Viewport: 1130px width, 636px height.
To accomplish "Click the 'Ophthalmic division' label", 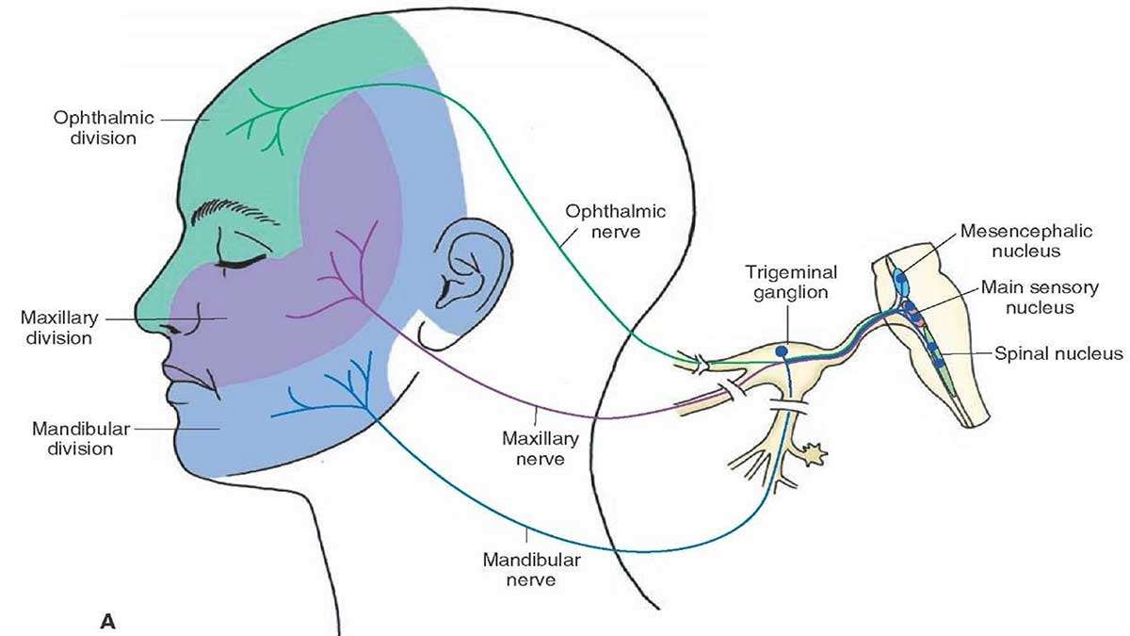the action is tap(104, 128).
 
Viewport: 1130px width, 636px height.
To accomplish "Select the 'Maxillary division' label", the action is tap(59, 328).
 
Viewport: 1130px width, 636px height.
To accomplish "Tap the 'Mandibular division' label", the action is tap(81, 439).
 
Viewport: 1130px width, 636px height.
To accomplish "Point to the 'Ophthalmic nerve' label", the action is tap(616, 221).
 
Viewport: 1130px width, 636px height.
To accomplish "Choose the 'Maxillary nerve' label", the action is tap(540, 448).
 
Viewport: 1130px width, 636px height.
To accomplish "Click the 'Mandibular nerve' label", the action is tap(531, 569).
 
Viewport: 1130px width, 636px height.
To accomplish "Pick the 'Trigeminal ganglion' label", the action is tap(791, 282).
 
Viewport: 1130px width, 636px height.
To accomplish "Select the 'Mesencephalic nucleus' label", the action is tap(1026, 241).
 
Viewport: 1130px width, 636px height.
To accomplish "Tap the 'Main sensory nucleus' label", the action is tap(1040, 298).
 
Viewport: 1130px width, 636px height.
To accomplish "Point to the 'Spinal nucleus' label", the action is tap(1058, 353).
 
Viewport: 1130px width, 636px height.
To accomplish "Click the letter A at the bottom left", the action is tap(108, 621).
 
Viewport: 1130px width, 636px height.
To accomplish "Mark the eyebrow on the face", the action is tap(234, 213).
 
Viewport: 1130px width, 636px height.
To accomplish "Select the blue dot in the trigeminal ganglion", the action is tap(782, 351).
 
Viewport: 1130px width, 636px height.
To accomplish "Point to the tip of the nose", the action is tap(137, 315).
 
